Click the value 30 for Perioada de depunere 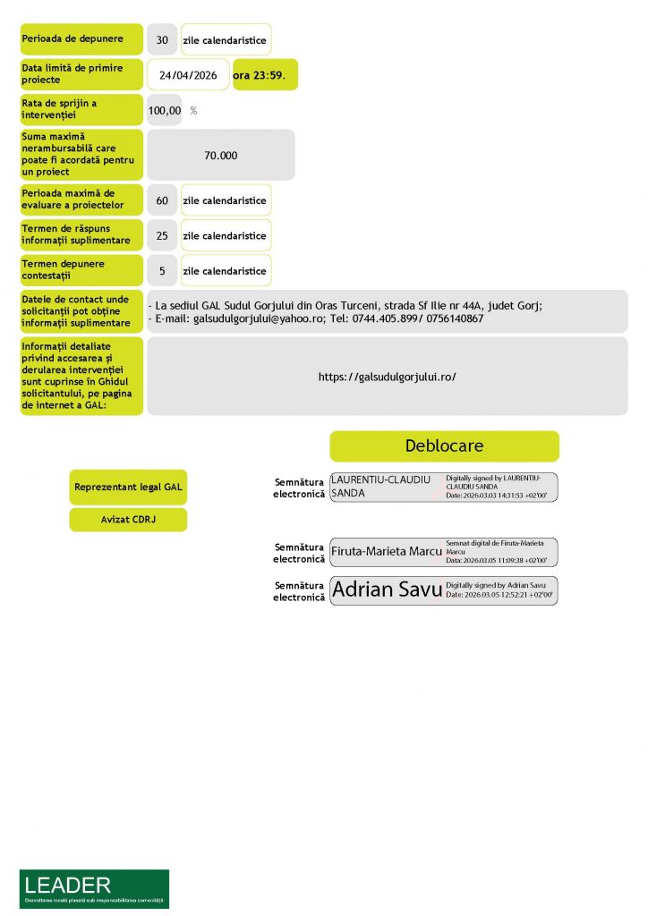tap(162, 40)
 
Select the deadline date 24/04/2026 tap(188, 75)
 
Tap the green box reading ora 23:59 tap(264, 75)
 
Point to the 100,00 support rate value tap(165, 111)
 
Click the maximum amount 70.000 tap(220, 155)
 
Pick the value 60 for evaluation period tap(162, 200)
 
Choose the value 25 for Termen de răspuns tap(162, 235)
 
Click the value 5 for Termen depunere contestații tap(162, 270)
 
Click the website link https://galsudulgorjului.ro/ tap(388, 377)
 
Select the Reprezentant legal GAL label tap(128, 488)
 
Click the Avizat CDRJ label tap(128, 520)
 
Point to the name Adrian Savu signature tap(387, 589)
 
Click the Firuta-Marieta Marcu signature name tap(386, 552)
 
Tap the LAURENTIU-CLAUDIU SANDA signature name tap(380, 487)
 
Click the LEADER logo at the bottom tap(94, 888)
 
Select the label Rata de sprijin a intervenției tap(81, 110)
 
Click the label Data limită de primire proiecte tap(81, 74)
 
